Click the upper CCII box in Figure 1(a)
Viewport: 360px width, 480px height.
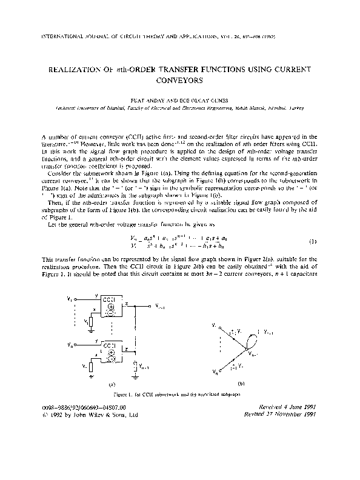click(x=109, y=304)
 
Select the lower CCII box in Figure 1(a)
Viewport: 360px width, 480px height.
click(x=109, y=350)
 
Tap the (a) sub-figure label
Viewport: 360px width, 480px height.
click(x=111, y=384)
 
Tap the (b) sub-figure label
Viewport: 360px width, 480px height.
click(x=241, y=384)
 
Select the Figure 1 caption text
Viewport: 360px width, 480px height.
click(x=179, y=395)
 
